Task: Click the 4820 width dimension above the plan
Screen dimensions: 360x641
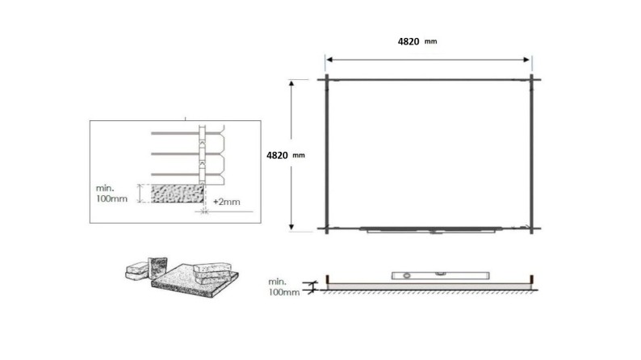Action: (408, 41)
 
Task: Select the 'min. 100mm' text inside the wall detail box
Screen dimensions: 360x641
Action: (113, 194)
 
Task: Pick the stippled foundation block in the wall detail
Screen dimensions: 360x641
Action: (173, 194)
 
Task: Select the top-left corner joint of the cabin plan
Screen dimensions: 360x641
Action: (326, 79)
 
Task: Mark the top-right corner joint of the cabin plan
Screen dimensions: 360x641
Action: (532, 79)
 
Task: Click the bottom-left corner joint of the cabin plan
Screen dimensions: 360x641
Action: (326, 229)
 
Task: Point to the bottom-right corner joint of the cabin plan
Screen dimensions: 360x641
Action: (532, 229)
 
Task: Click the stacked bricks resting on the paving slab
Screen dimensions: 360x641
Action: (212, 267)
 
